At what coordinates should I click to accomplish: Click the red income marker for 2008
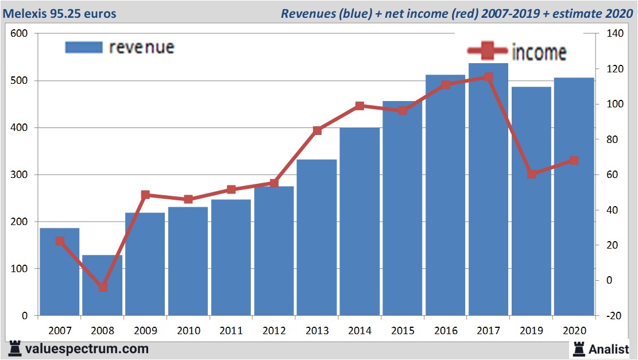(x=103, y=287)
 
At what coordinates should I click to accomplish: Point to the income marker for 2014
(x=359, y=106)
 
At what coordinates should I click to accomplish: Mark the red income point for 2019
(x=531, y=174)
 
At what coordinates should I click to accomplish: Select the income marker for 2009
(x=145, y=195)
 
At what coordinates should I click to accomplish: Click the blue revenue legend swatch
(x=83, y=47)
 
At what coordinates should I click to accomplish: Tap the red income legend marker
(x=488, y=52)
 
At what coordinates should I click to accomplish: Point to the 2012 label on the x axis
(x=274, y=331)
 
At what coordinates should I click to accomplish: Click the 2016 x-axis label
(x=445, y=331)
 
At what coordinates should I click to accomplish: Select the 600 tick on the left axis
(x=20, y=34)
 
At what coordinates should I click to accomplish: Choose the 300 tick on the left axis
(x=20, y=175)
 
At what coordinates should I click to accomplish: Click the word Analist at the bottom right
(x=608, y=349)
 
